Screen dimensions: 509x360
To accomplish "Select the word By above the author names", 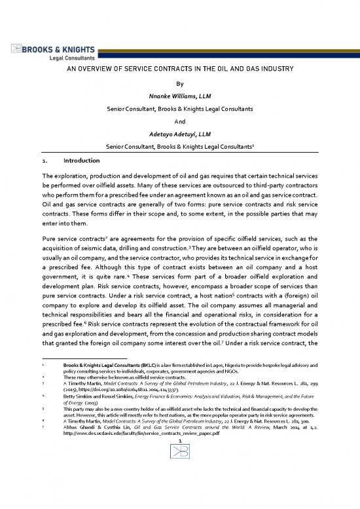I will (x=180, y=84).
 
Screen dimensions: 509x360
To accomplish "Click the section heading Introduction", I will (x=82, y=160).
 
